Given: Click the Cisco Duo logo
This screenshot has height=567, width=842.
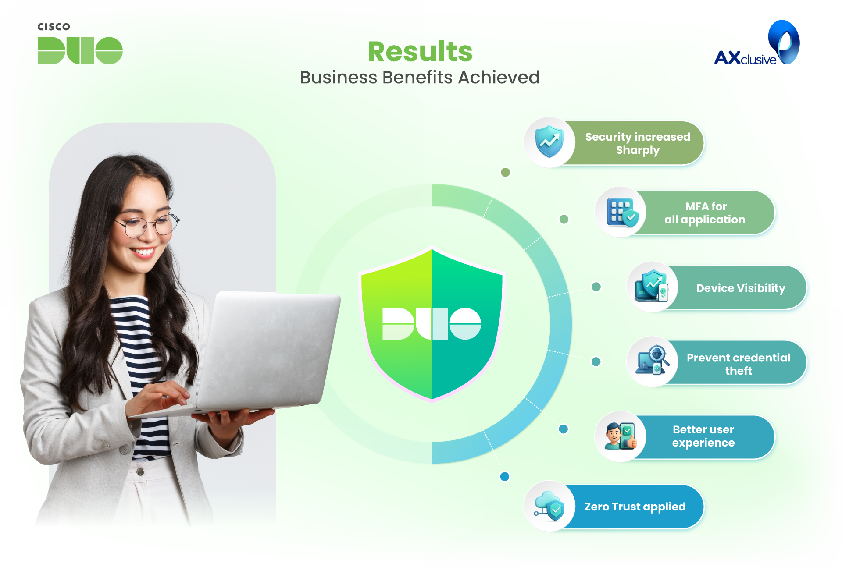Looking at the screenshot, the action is (80, 44).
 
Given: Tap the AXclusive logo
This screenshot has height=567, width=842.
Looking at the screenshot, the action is (757, 43).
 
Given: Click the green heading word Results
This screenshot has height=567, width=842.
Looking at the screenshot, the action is (420, 52).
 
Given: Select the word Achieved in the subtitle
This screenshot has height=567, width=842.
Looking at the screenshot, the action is (499, 77).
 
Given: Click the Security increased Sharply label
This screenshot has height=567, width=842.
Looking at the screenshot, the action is (638, 143).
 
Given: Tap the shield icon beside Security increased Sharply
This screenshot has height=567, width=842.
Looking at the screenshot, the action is (549, 142).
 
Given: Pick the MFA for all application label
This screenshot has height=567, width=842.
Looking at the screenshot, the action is (705, 213).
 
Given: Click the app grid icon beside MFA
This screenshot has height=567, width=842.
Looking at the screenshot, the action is (622, 213).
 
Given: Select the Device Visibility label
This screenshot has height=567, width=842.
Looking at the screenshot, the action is (741, 288).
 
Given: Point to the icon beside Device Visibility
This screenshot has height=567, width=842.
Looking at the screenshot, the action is (652, 286).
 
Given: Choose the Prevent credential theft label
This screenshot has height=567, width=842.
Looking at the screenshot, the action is (739, 364).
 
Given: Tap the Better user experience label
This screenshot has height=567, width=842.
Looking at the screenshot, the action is (703, 436).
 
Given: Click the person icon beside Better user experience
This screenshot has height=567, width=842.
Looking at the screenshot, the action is (621, 436).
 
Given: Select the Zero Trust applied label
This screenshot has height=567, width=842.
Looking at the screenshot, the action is (635, 507).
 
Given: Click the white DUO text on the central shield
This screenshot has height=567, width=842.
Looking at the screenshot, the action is (432, 323).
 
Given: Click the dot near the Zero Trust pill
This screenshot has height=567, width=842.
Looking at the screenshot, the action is (505, 476).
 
